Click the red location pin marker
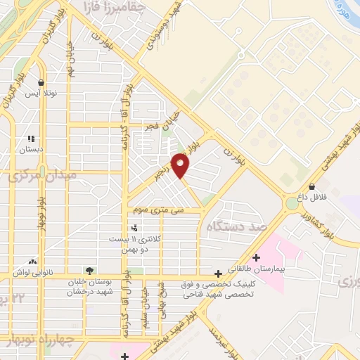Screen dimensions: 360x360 click(181, 166)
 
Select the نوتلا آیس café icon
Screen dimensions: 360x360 click(43, 82)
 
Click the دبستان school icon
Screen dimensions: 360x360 click(31, 139)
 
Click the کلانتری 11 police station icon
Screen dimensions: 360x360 click(134, 227)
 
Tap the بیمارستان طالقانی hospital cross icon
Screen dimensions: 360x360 click(256, 257)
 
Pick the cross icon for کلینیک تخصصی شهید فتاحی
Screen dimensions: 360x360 click(219, 274)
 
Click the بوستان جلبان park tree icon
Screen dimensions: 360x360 click(89, 270)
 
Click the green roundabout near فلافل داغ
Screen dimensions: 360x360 click(292, 204)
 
